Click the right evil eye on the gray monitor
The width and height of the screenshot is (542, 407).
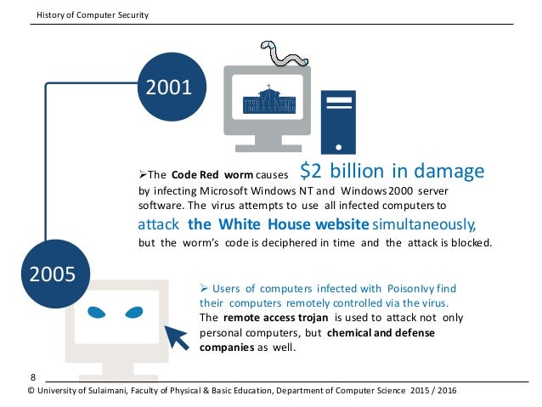click(146, 312)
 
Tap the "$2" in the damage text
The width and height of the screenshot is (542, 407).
click(311, 171)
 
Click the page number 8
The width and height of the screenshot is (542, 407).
click(33, 376)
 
